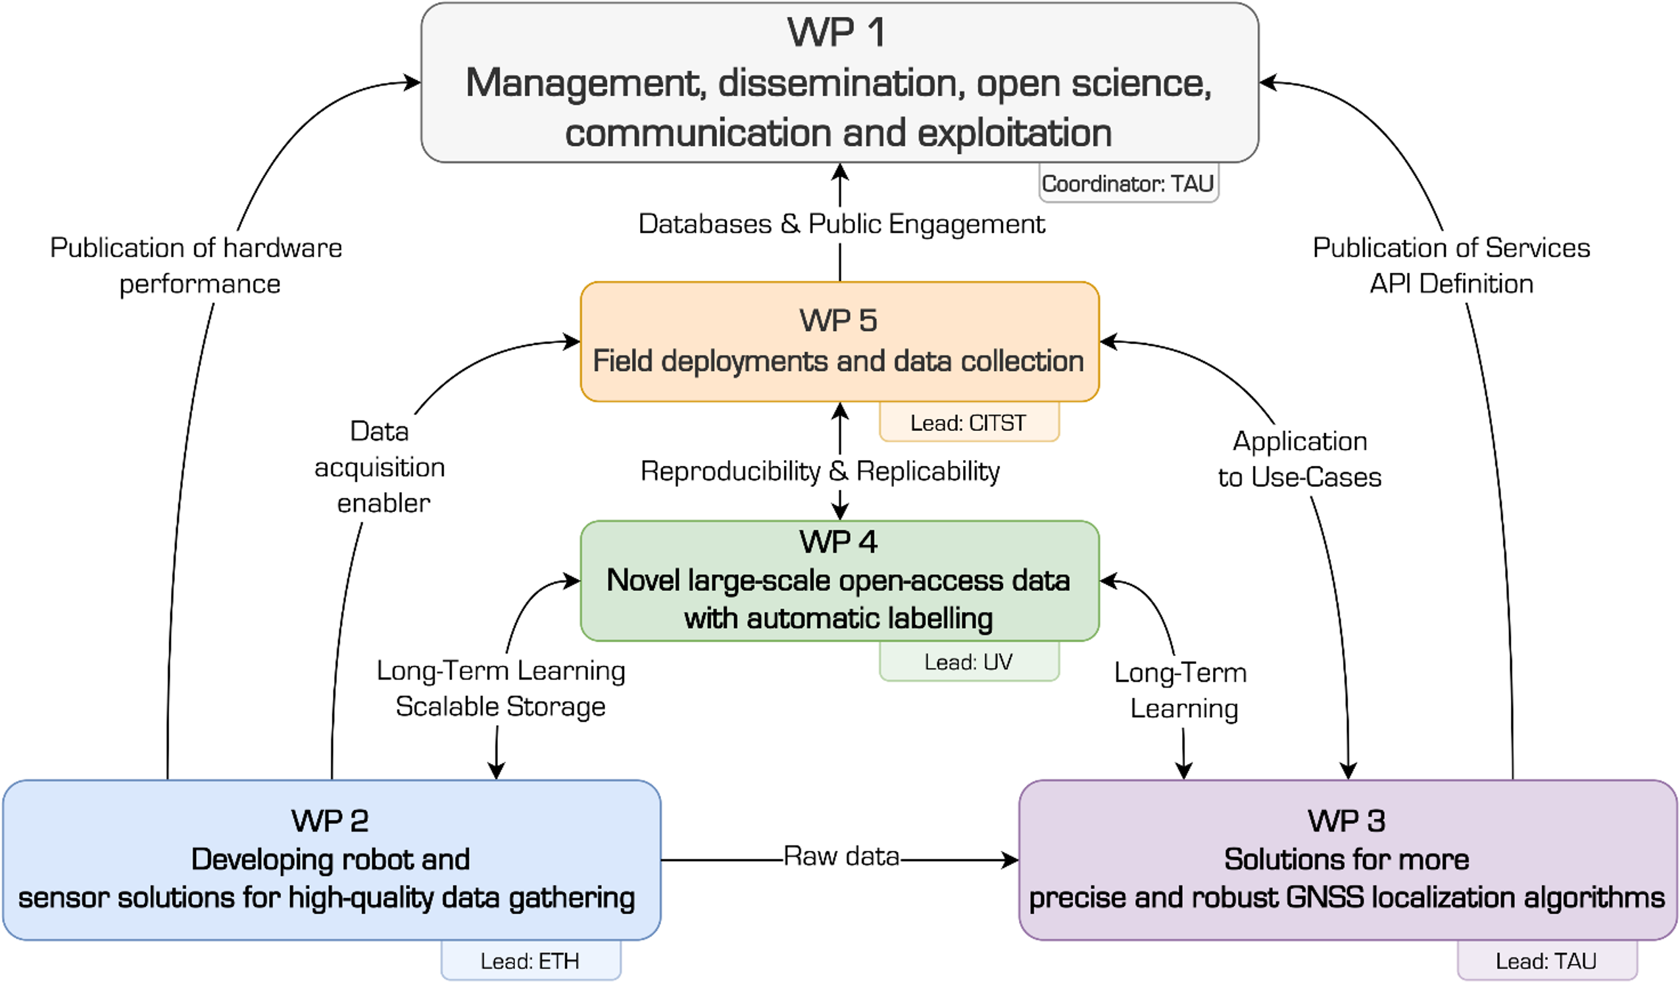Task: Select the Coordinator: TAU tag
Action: click(1127, 184)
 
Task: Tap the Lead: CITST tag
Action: click(968, 423)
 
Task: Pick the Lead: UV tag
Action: click(968, 661)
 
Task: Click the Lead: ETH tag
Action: click(530, 961)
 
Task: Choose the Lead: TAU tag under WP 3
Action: click(1546, 961)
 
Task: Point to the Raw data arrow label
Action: click(841, 856)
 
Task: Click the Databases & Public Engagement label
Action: click(841, 224)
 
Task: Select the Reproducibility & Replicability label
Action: click(820, 472)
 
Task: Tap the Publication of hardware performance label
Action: click(197, 266)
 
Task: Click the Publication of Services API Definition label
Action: click(1451, 266)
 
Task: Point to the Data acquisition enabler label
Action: click(380, 467)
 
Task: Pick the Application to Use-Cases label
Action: click(1300, 459)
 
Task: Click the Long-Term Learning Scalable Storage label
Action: click(501, 689)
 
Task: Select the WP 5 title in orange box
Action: click(838, 321)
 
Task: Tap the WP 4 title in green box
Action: click(838, 542)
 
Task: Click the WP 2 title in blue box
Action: click(330, 821)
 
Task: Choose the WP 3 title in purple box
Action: click(1346, 821)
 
